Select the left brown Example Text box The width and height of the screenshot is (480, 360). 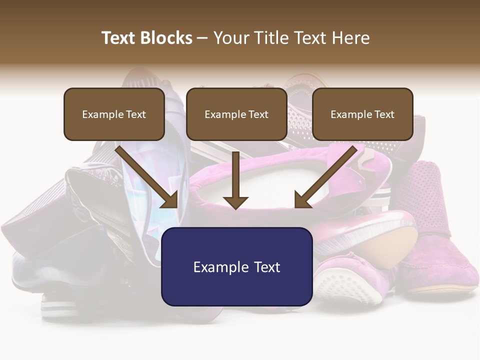click(114, 114)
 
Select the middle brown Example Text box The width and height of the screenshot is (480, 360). click(236, 114)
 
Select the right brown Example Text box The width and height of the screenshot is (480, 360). click(362, 114)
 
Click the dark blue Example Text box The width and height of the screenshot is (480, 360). click(236, 266)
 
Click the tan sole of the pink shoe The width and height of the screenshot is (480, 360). click(395, 250)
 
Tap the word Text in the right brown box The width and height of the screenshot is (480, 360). click(384, 114)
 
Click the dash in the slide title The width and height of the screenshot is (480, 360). click(202, 38)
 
